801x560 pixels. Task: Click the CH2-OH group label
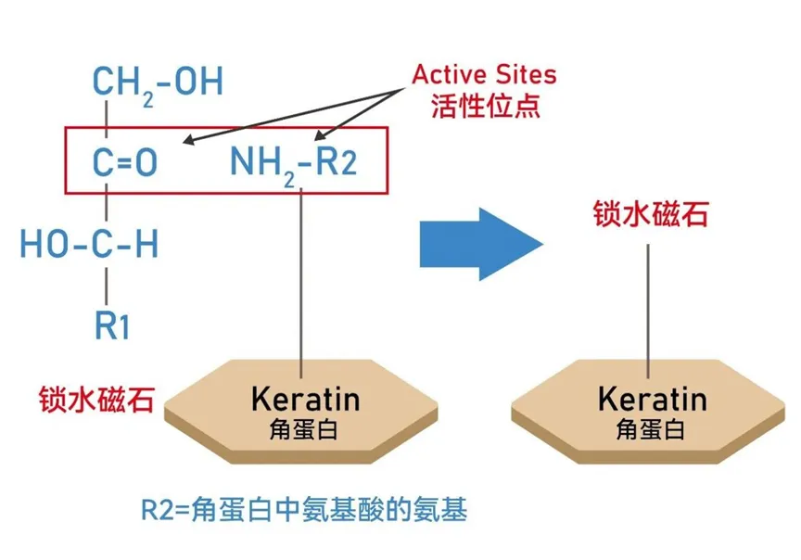[x=158, y=84]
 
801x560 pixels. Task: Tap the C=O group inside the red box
[x=124, y=162]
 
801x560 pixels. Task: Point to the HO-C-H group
[x=89, y=243]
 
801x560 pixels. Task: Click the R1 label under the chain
[x=112, y=325]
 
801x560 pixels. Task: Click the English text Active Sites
[x=484, y=74]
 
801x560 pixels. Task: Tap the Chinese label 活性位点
[x=485, y=107]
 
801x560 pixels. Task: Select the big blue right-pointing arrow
[x=481, y=244]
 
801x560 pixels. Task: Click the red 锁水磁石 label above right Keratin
[x=650, y=213]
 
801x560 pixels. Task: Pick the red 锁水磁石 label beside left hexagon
[x=96, y=399]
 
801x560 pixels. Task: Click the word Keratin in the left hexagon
[x=306, y=399]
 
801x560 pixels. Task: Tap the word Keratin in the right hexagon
[x=653, y=399]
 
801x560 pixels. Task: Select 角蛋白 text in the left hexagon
[x=303, y=429]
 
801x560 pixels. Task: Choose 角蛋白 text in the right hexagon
[x=650, y=429]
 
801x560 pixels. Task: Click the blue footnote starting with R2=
[x=304, y=509]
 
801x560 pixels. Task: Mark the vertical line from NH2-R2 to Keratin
[x=301, y=283]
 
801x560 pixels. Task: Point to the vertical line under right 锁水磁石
[x=648, y=312]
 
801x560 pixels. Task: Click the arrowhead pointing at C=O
[x=188, y=140]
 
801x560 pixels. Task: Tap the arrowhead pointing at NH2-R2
[x=320, y=134]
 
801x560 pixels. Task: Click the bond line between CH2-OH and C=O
[x=107, y=119]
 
